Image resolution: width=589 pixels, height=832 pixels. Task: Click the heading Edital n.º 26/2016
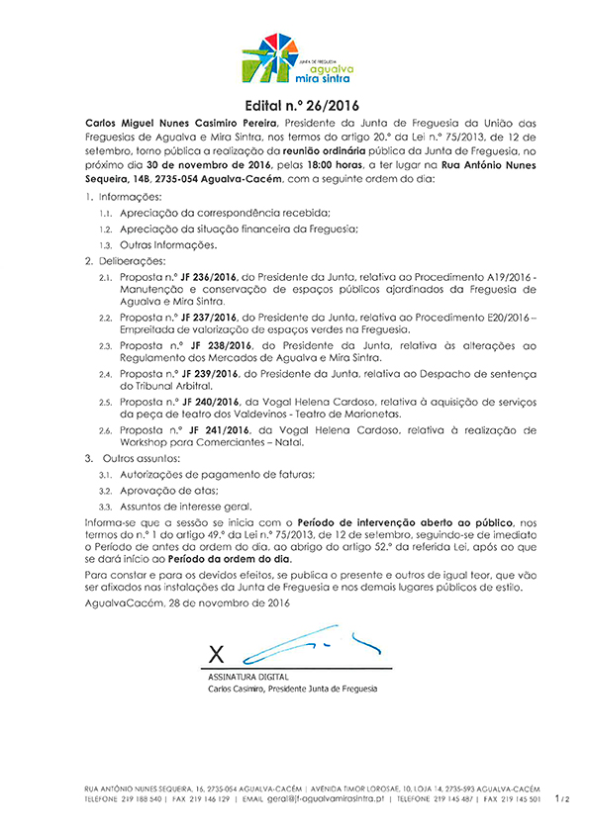point(294,106)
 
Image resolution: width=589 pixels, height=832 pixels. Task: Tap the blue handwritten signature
point(297,641)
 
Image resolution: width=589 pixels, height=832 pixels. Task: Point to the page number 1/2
point(561,796)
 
